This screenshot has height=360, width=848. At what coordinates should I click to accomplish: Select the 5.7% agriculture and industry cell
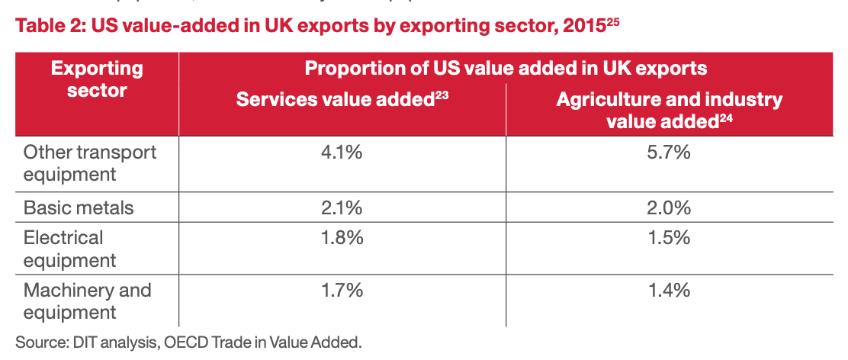pyautogui.click(x=670, y=153)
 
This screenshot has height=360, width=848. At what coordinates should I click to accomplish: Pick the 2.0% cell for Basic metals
pyautogui.click(x=670, y=207)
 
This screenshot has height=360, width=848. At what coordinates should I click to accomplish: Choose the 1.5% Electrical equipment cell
pyautogui.click(x=670, y=238)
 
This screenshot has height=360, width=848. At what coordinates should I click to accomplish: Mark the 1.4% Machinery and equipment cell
pyautogui.click(x=670, y=290)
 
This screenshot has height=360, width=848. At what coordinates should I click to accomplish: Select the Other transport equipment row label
pyautogui.click(x=90, y=162)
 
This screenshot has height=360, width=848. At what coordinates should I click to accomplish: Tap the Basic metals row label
pyautogui.click(x=79, y=207)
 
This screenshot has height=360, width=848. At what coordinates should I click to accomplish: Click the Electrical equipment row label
pyautogui.click(x=70, y=249)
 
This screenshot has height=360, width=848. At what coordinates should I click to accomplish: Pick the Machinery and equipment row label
pyautogui.click(x=87, y=301)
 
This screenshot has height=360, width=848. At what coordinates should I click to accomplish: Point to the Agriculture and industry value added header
pyautogui.click(x=670, y=110)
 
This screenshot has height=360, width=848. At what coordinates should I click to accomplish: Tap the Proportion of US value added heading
pyautogui.click(x=506, y=69)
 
